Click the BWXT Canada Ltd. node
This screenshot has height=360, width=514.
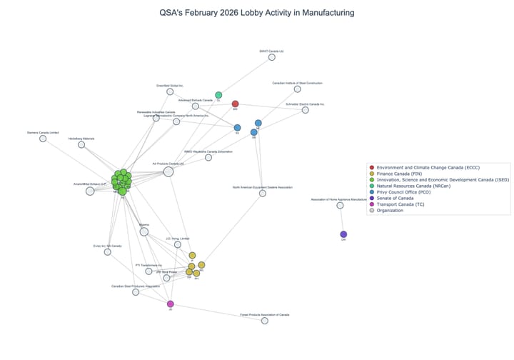click(x=271, y=57)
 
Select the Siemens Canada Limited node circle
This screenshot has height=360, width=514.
click(x=43, y=139)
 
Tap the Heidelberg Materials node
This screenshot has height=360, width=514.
click(x=81, y=145)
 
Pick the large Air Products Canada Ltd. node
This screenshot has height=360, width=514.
click(x=168, y=171)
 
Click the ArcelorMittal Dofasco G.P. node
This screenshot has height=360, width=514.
click(x=90, y=191)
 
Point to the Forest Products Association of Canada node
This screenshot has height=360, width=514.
click(x=264, y=321)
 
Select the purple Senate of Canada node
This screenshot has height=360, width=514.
click(x=343, y=234)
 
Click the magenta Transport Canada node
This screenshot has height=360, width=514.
click(x=170, y=304)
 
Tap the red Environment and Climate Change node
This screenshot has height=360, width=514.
click(x=235, y=104)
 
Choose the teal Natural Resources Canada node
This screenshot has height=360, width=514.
click(x=218, y=95)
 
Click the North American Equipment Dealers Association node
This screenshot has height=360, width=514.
click(x=263, y=194)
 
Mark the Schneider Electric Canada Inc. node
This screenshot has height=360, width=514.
click(x=306, y=110)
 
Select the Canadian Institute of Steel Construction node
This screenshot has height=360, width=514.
click(x=298, y=89)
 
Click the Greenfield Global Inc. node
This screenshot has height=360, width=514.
click(x=170, y=91)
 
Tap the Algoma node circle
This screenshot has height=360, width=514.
click(x=144, y=231)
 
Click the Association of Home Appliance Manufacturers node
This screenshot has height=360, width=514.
click(x=340, y=206)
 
